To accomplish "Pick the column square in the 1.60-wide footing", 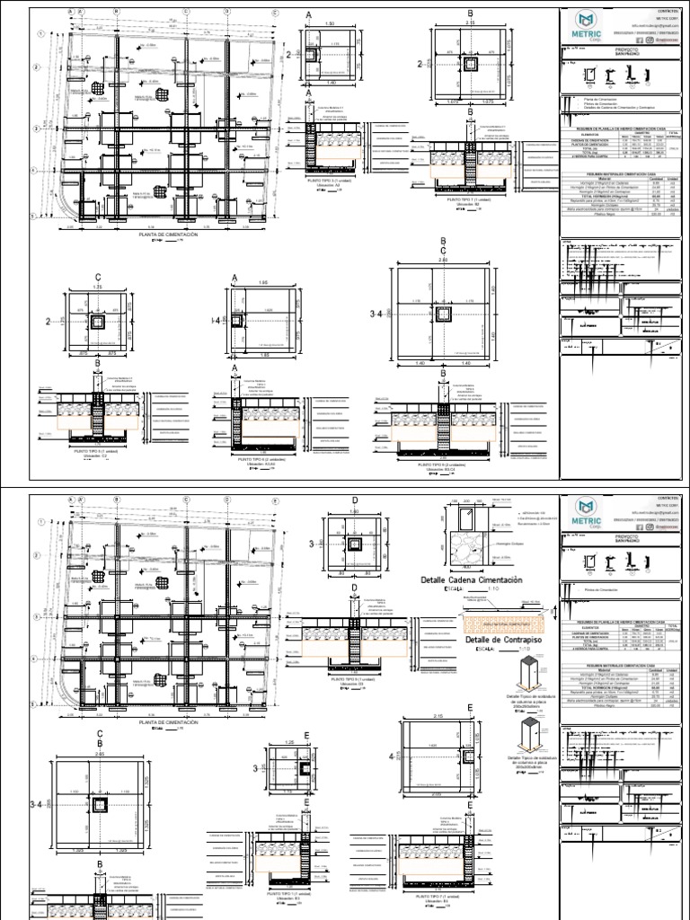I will (x=354, y=544).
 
